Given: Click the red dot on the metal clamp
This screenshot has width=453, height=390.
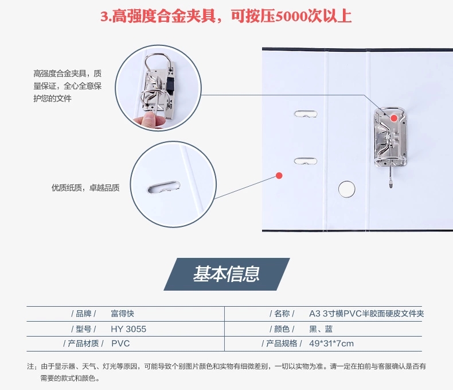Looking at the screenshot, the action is pyautogui.click(x=394, y=118).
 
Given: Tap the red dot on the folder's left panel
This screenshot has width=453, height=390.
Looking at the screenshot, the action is pyautogui.click(x=279, y=176).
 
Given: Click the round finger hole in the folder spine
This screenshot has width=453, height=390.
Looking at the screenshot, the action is pyautogui.click(x=347, y=189).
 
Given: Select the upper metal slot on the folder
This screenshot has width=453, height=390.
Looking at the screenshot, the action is pyautogui.click(x=306, y=114).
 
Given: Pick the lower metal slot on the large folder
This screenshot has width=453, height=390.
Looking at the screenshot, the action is pyautogui.click(x=306, y=161).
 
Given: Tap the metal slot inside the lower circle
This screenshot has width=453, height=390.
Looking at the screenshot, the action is pyautogui.click(x=164, y=187).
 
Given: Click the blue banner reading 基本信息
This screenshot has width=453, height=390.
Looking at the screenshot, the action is pyautogui.click(x=226, y=274).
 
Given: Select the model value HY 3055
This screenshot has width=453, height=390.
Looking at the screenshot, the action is pyautogui.click(x=128, y=329).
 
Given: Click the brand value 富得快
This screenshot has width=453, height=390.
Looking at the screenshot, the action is pyautogui.click(x=123, y=314).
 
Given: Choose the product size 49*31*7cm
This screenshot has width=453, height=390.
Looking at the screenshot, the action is pyautogui.click(x=331, y=343).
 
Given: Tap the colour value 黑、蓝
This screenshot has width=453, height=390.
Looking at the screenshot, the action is pyautogui.click(x=321, y=329).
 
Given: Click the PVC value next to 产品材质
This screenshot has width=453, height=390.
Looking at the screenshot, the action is pyautogui.click(x=120, y=343).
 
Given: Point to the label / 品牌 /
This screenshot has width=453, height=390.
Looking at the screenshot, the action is pyautogui.click(x=84, y=314).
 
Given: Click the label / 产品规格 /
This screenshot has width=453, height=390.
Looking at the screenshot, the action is pyautogui.click(x=282, y=343).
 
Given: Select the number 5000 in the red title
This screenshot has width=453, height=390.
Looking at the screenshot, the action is pyautogui.click(x=291, y=17).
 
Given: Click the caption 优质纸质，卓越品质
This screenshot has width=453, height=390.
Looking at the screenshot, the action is pyautogui.click(x=85, y=188).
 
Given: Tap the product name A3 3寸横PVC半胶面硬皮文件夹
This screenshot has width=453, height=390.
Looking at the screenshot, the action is pyautogui.click(x=366, y=314).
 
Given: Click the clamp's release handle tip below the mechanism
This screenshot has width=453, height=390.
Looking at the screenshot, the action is pyautogui.click(x=391, y=183).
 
